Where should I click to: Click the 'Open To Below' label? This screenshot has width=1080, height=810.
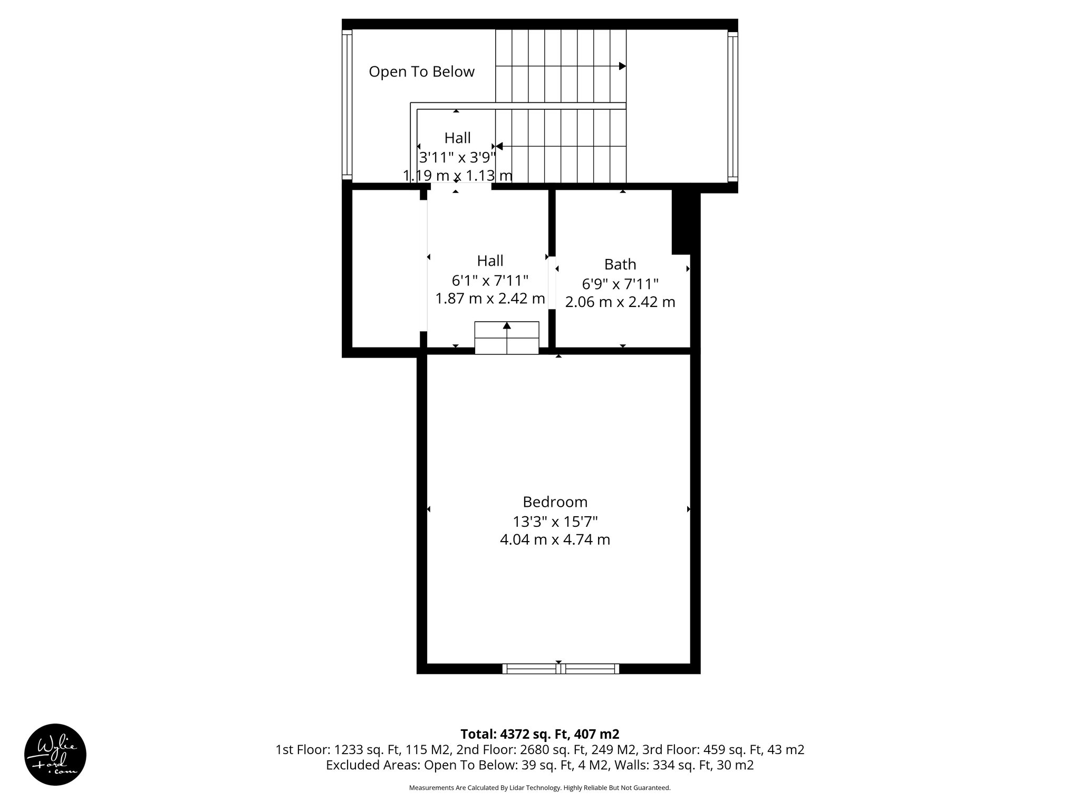click(421, 72)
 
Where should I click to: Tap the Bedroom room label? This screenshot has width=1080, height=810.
click(555, 502)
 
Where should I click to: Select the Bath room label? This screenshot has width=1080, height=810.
click(620, 264)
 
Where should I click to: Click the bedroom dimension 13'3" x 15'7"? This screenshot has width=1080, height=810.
click(555, 522)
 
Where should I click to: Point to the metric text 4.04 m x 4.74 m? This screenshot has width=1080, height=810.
click(555, 540)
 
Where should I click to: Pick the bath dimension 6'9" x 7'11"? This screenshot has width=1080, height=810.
click(620, 284)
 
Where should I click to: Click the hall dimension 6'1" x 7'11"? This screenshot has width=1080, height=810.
click(490, 280)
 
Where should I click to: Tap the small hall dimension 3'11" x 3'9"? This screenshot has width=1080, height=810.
click(457, 157)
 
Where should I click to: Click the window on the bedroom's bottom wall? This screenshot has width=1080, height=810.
click(560, 669)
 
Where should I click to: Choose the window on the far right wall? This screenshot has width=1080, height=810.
click(732, 105)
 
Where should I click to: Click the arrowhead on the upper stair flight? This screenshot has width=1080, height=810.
click(622, 66)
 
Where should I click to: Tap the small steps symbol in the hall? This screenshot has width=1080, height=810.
click(507, 337)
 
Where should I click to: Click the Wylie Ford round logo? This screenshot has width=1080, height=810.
click(55, 754)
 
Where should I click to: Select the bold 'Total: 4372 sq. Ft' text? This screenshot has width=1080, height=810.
click(539, 734)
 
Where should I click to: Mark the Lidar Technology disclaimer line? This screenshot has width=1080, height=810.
click(539, 788)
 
